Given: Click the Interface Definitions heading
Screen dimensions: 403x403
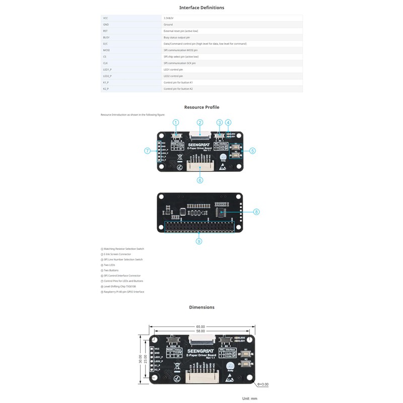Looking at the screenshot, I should click(201, 8).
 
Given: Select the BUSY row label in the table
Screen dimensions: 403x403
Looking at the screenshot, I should click(106, 37).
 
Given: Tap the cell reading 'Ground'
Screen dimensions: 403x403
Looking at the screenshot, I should click(168, 24).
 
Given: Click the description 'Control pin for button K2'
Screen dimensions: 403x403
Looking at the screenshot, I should click(178, 89).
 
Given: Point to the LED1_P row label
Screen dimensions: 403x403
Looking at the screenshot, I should click(107, 70).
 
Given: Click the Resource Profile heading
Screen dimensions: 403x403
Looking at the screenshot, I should click(201, 107).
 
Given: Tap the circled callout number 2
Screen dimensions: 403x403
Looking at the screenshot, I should click(200, 122).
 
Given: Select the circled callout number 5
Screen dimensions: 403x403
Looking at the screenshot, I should click(252, 150).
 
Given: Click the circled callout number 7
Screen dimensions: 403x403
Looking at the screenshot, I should click(148, 151).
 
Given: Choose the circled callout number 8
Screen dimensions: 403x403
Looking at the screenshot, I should click(256, 212).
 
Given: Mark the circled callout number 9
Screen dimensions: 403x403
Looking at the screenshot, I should click(199, 241).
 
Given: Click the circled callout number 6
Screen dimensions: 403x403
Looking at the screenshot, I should click(200, 180).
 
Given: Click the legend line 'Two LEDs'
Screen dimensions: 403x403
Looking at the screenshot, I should click(109, 265).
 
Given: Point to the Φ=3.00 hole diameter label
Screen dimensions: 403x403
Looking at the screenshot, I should click(262, 384).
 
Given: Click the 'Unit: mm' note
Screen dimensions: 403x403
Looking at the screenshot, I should click(249, 398).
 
